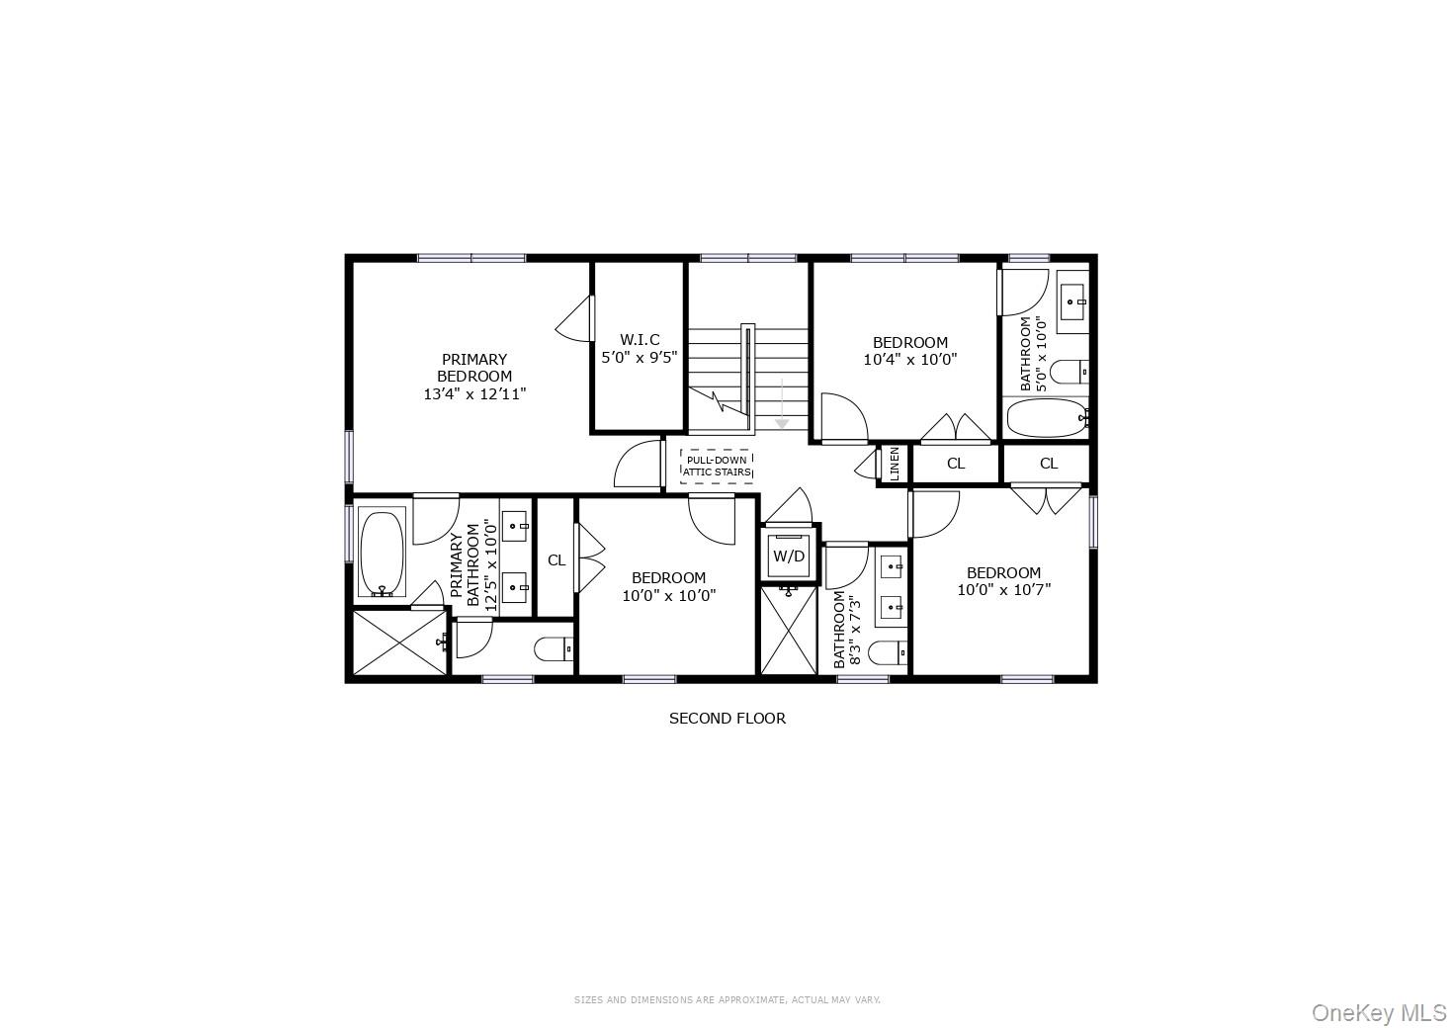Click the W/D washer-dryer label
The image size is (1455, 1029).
pos(789,557)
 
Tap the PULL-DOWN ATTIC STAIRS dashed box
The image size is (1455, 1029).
pos(718,466)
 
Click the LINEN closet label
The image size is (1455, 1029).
pos(894,464)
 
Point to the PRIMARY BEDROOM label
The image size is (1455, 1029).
pos(474,368)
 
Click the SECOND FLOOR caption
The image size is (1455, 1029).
pos(727,719)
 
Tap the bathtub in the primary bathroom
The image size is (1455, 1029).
pos(382,554)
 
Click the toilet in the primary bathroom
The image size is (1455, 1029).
pos(553,649)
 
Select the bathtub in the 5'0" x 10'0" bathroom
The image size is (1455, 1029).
pos(1046,418)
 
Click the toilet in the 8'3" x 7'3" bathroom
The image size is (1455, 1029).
pos(888,653)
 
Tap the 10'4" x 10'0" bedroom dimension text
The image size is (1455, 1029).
pos(910,360)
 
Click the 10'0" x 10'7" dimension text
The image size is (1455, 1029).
pos(1003,590)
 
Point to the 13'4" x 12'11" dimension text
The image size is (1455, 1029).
pos(474,393)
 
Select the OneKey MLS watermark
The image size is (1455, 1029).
pos(1379,1012)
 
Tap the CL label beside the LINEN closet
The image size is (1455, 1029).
pos(956,464)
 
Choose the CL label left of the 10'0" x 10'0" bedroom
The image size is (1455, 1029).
pos(556,560)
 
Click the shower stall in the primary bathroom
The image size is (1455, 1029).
pos(399,643)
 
